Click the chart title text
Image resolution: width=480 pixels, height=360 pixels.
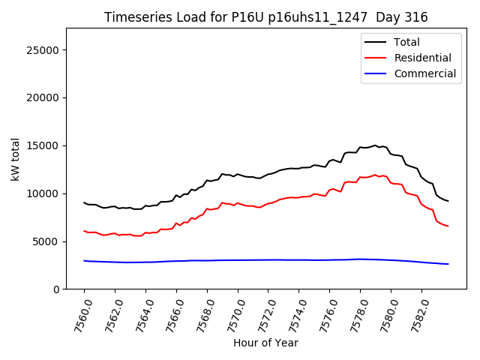[x=265, y=17]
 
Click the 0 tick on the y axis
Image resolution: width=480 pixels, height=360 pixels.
[x=56, y=289]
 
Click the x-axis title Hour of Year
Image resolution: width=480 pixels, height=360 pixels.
[x=265, y=343]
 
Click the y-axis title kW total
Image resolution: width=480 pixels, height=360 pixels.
[x=15, y=159]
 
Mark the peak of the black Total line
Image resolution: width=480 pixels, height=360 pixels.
[x=375, y=145]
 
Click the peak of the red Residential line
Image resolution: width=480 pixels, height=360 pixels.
[x=375, y=175]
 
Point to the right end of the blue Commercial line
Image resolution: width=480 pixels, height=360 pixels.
[x=448, y=264]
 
